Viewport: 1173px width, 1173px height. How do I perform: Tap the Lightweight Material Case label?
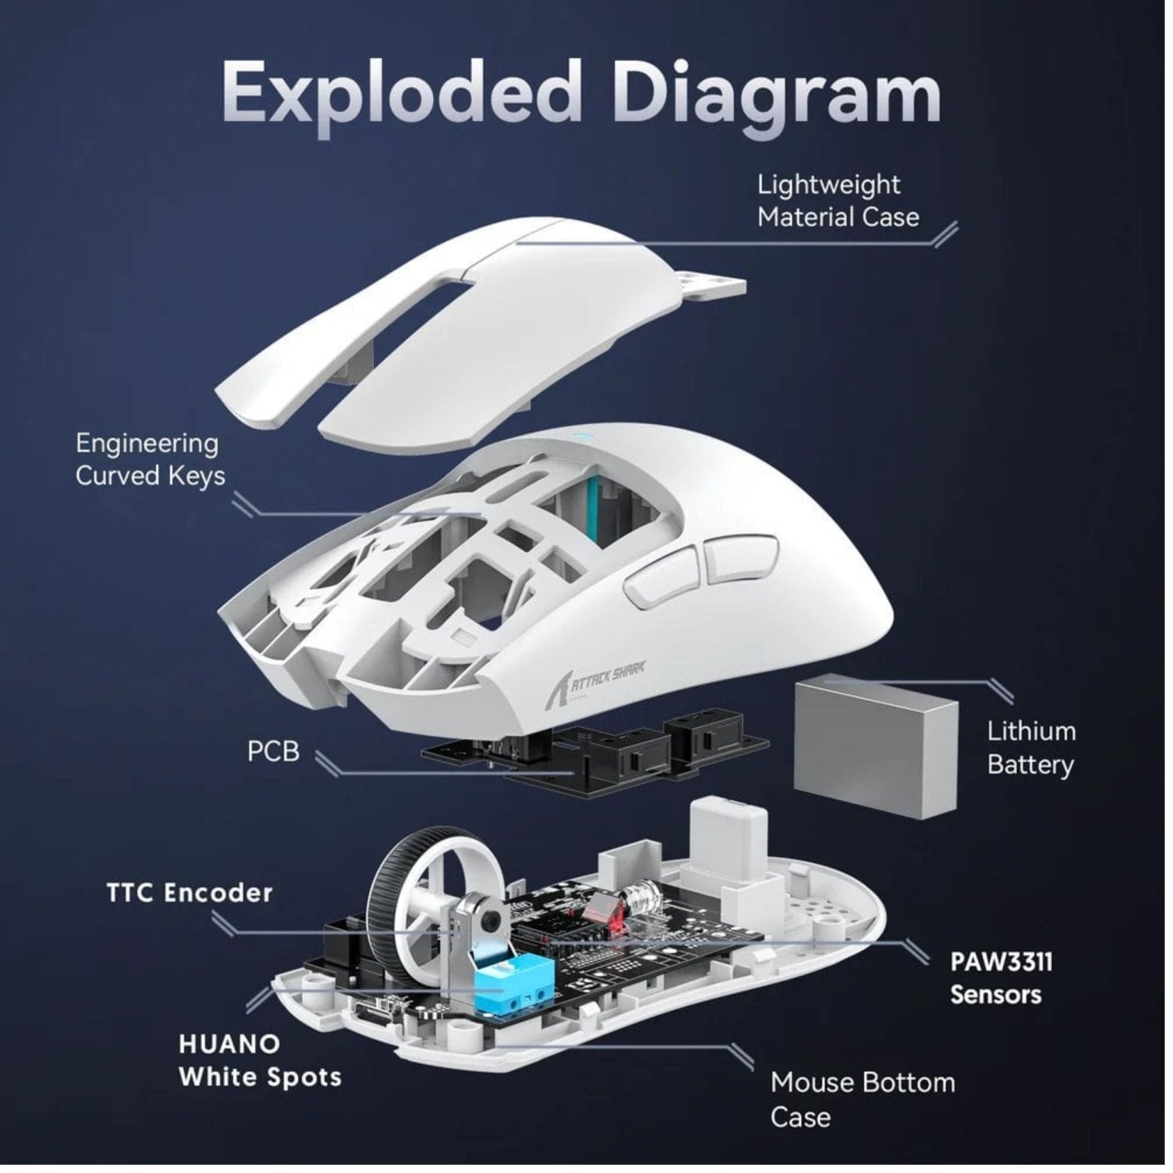tap(837, 201)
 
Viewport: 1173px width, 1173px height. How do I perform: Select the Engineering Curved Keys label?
tap(149, 460)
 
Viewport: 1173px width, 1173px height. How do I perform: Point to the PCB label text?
tap(273, 751)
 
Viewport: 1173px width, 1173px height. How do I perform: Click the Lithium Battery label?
tap(1030, 748)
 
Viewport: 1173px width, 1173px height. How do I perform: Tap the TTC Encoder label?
tap(190, 893)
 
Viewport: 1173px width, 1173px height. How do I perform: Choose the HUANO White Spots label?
tap(259, 1061)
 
